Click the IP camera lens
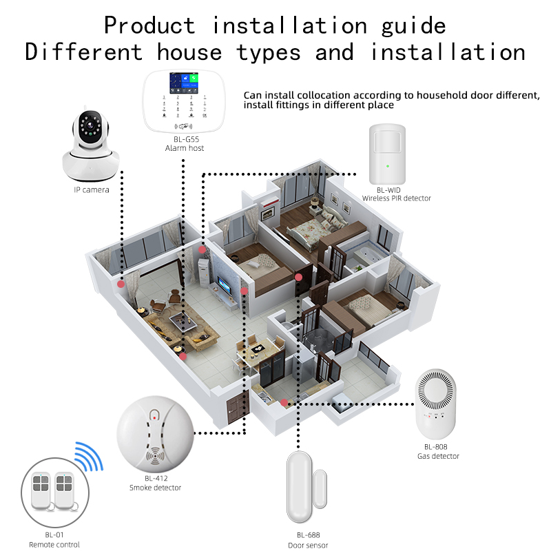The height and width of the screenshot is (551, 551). pyautogui.click(x=90, y=126)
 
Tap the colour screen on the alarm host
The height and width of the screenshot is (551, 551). pyautogui.click(x=184, y=83)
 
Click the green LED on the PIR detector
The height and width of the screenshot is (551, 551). pyautogui.click(x=388, y=166)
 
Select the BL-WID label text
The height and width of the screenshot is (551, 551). pyautogui.click(x=388, y=190)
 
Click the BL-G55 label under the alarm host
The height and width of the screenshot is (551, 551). pyautogui.click(x=186, y=139)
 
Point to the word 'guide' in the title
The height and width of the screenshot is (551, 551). pyautogui.click(x=414, y=26)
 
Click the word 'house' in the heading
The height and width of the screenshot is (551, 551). pyautogui.click(x=189, y=52)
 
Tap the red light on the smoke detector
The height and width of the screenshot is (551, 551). pyautogui.click(x=154, y=418)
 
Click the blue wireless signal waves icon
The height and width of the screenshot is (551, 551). pyautogui.click(x=90, y=456)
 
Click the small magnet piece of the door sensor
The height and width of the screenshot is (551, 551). pyautogui.click(x=320, y=489)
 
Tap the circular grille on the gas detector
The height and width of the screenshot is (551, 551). pyautogui.click(x=436, y=390)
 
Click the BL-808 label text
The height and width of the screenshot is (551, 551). pyautogui.click(x=436, y=447)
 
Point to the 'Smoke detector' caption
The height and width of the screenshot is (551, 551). pyautogui.click(x=156, y=488)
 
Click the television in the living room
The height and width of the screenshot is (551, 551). pyautogui.click(x=225, y=284)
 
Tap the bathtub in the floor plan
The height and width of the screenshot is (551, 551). pyautogui.click(x=367, y=254)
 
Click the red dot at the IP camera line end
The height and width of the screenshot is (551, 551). pyautogui.click(x=121, y=284)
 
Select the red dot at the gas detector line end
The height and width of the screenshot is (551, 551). pyautogui.click(x=284, y=403)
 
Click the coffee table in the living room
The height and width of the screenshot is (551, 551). pyautogui.click(x=183, y=321)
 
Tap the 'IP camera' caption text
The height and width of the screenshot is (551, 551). pyautogui.click(x=92, y=190)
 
